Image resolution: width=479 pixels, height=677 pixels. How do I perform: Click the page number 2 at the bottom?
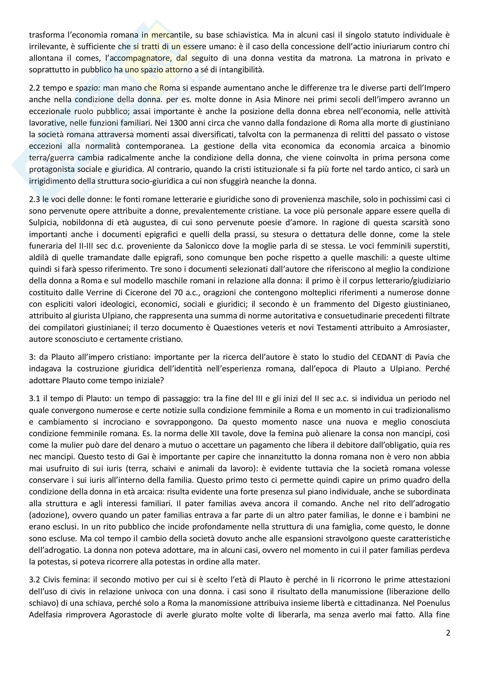[448, 633]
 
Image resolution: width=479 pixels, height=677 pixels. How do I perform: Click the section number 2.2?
[35, 88]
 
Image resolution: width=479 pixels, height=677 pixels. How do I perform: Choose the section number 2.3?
[35, 199]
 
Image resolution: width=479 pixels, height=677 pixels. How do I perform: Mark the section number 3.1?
[35, 399]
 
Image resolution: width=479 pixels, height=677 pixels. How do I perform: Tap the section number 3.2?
[35, 580]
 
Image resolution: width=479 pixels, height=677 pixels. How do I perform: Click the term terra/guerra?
[52, 158]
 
